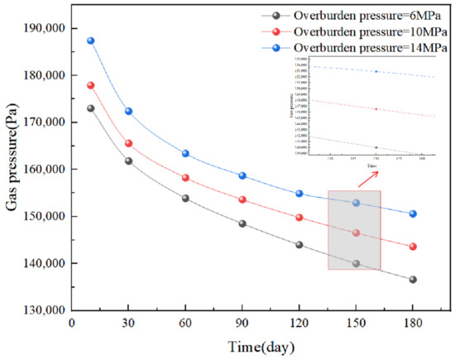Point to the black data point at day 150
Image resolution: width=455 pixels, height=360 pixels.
tap(357, 264)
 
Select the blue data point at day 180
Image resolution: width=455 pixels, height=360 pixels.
tap(413, 214)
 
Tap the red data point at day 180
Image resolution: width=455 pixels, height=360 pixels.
tap(413, 247)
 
